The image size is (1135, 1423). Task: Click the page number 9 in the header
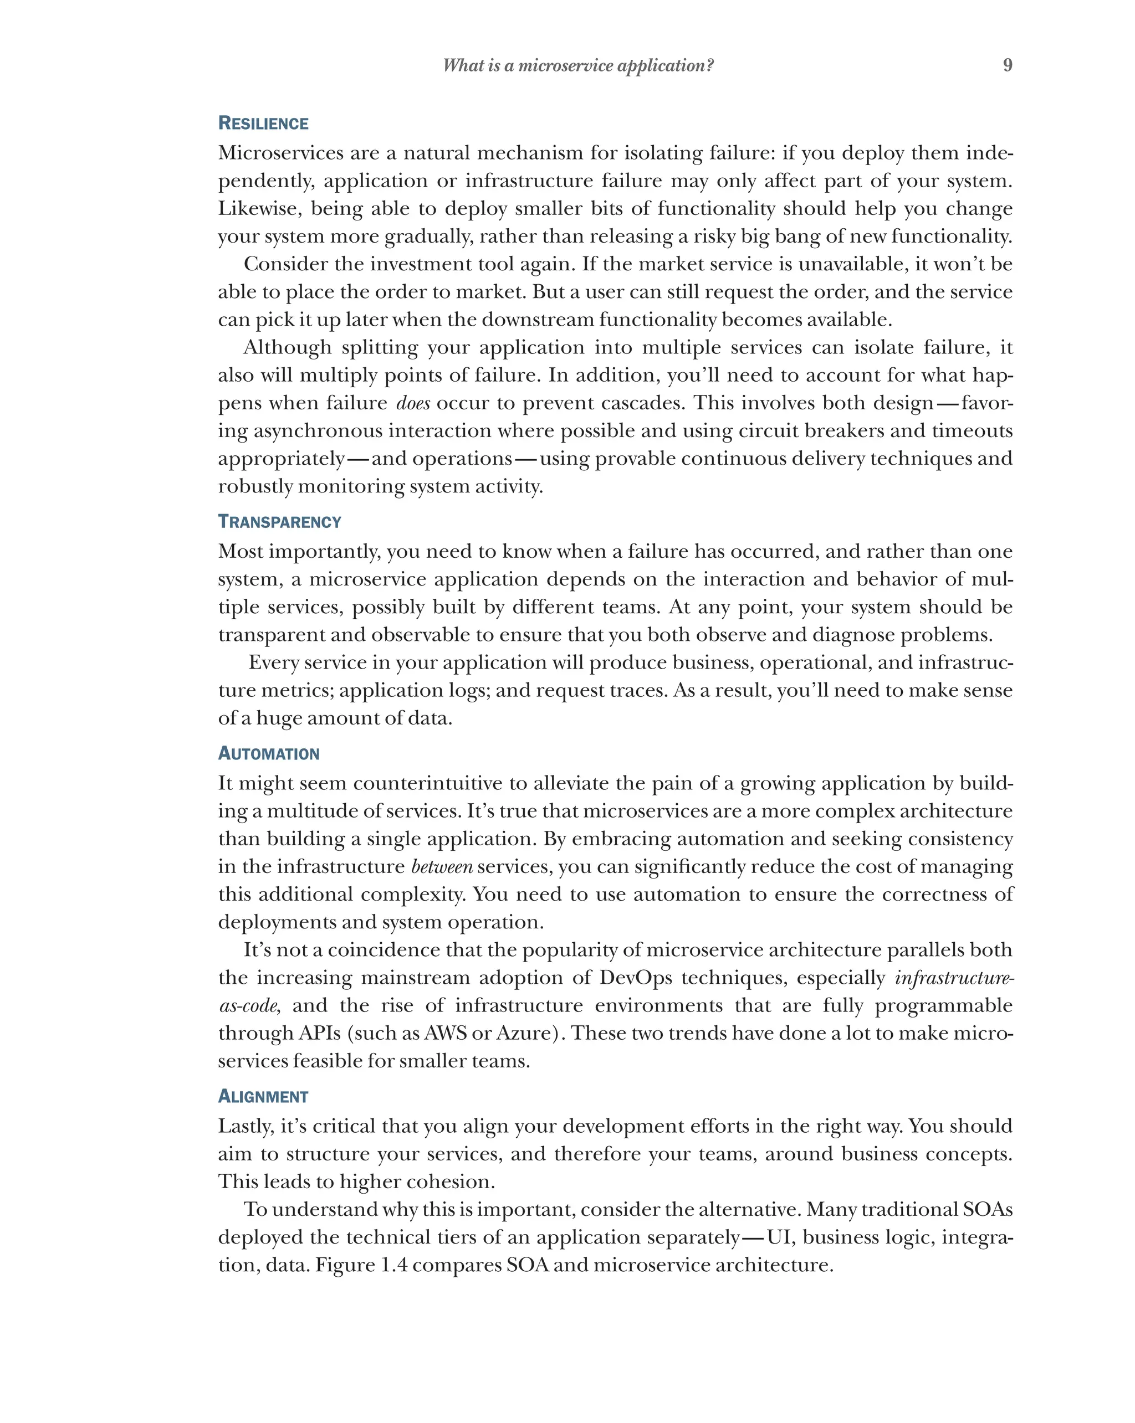[x=1007, y=65]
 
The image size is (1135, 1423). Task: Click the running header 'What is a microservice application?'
[x=577, y=65]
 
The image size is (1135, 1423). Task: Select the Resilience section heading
[x=263, y=124]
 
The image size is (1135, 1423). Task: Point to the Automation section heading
[x=268, y=754]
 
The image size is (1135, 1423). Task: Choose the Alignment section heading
[x=263, y=1097]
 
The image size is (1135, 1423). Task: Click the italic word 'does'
[x=413, y=403]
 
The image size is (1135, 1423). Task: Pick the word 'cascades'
[x=637, y=403]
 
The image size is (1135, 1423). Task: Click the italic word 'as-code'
[x=248, y=1006]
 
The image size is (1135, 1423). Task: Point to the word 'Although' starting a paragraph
[x=287, y=347]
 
